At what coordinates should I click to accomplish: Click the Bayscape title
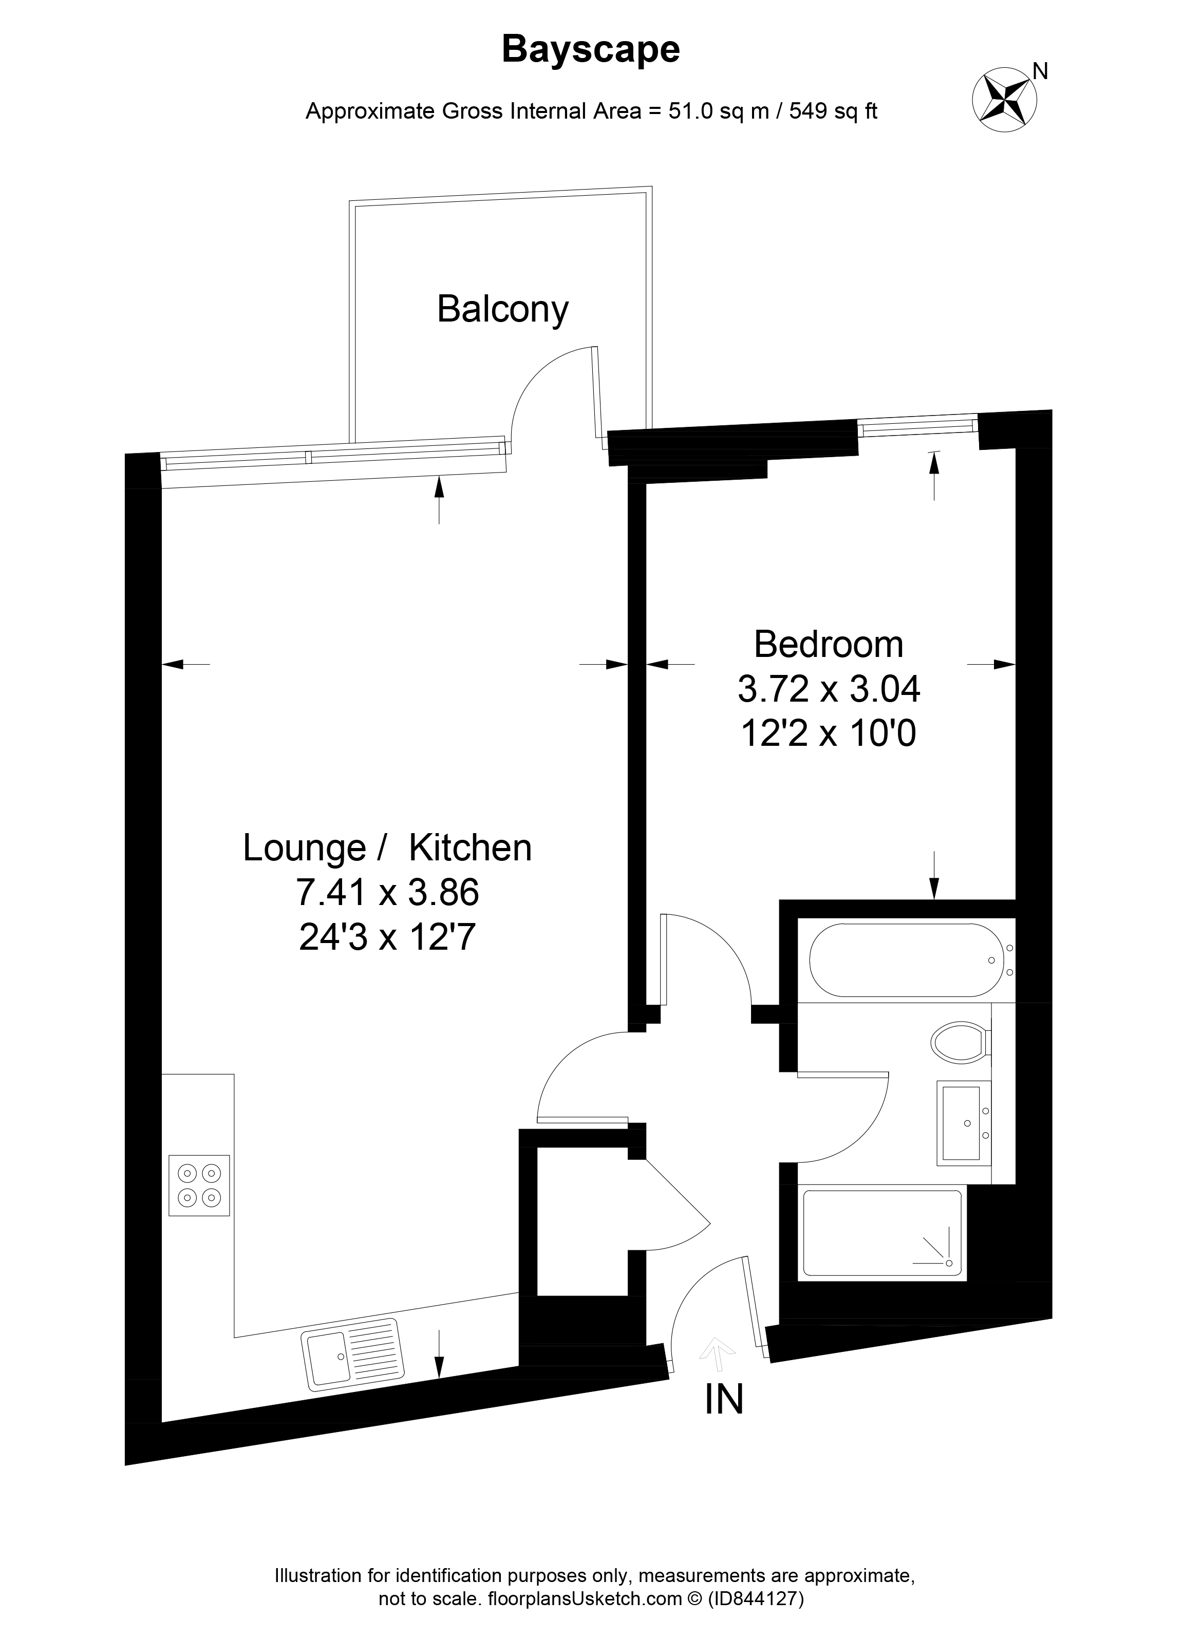(x=591, y=50)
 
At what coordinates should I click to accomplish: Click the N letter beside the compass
(x=1040, y=71)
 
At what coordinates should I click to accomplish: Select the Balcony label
(x=503, y=310)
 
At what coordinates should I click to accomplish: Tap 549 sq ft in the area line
(x=833, y=111)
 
